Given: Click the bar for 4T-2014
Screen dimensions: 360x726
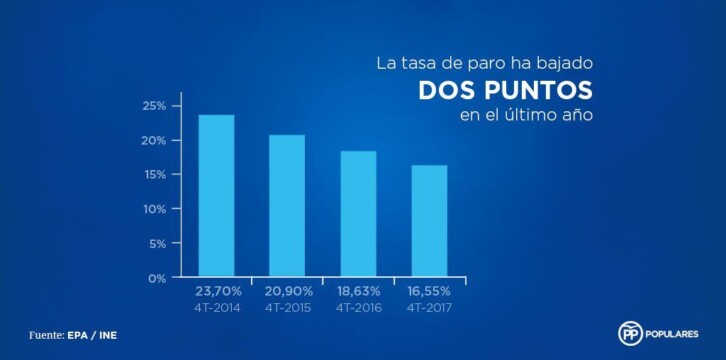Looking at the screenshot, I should [x=216, y=196].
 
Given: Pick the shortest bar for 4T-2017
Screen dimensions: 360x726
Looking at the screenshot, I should [x=429, y=221].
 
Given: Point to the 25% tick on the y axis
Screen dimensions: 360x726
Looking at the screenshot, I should [x=154, y=106].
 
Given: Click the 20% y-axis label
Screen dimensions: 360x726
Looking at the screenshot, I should [x=154, y=141].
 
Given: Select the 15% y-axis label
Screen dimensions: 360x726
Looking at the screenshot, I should [x=154, y=175].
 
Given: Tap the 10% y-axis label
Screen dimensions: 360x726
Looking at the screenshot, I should [x=154, y=209].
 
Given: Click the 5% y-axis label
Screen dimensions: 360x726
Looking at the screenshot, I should [x=157, y=244].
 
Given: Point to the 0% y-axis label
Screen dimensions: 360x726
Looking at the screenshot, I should [x=157, y=278].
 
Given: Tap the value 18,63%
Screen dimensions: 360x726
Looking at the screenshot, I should [x=358, y=292].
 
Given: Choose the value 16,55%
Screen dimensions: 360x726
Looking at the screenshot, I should [x=429, y=292].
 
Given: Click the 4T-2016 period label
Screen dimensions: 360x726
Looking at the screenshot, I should [x=358, y=308].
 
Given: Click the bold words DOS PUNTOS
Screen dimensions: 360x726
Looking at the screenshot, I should [x=506, y=90].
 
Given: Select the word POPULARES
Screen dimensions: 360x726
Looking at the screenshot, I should [x=675, y=334].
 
